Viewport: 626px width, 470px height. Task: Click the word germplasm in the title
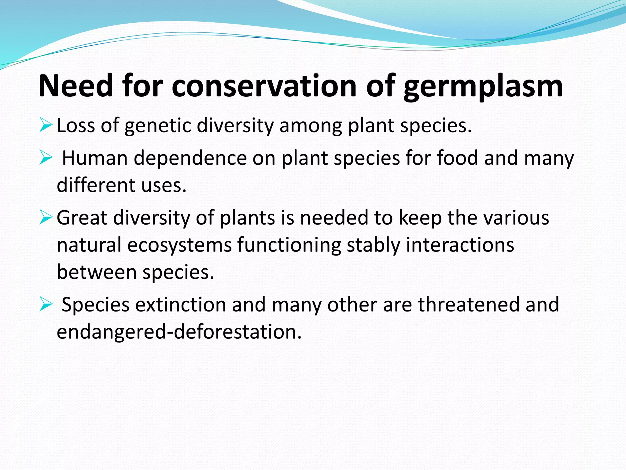point(483,87)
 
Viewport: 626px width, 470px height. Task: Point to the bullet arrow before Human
point(46,159)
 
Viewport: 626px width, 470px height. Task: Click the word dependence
point(190,158)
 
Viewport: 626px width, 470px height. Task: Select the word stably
point(373,245)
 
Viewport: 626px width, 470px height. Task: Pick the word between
point(97,272)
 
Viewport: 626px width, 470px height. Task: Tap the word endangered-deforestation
point(179,332)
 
